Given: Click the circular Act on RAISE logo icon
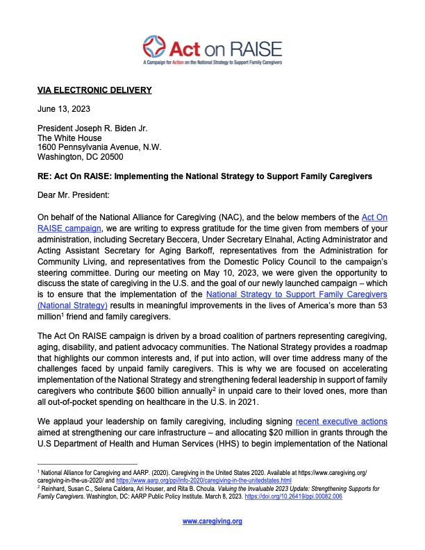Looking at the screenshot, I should click(156, 48).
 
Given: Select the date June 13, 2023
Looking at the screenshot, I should click(63, 110).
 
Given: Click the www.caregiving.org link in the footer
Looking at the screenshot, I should click(212, 521).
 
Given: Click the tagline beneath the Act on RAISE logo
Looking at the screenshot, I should click(212, 62).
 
